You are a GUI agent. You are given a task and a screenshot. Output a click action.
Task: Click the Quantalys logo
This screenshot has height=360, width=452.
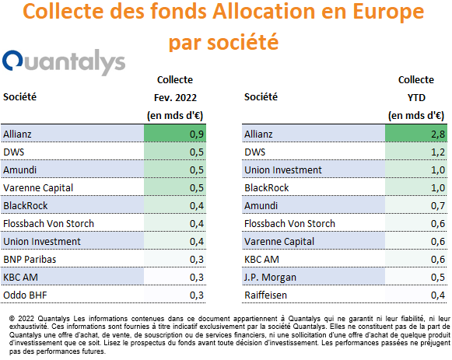coord(64,61)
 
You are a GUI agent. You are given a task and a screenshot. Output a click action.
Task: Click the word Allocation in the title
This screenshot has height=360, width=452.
coord(264,12)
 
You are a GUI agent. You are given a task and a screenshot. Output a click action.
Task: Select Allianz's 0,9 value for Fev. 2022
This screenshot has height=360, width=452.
coord(197,135)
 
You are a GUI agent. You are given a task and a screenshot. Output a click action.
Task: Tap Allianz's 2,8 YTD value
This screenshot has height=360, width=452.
coord(438,135)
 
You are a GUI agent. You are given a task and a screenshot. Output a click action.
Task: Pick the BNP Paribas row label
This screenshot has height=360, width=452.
coord(30,260)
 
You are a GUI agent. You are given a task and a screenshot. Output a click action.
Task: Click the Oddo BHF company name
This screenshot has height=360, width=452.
coord(25,295)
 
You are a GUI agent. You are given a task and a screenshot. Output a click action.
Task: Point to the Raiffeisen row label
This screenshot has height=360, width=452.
coord(266,295)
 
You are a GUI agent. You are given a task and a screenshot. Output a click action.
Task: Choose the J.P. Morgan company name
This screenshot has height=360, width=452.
coord(271,278)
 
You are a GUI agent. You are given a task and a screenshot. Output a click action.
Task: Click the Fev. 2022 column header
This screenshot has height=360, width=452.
coord(175,98)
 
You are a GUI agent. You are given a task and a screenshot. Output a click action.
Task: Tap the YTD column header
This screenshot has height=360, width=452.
coord(416,98)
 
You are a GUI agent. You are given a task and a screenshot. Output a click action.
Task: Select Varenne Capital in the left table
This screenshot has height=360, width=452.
coord(38,188)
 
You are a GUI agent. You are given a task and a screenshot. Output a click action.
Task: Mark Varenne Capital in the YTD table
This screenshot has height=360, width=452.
coord(279,242)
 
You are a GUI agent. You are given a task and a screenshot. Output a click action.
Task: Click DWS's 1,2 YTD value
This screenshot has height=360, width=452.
coord(438,152)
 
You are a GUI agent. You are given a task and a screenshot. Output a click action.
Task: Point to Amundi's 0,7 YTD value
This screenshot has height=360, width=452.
coord(438,205)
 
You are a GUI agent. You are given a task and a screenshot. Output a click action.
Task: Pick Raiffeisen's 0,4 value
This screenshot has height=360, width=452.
coord(438,295)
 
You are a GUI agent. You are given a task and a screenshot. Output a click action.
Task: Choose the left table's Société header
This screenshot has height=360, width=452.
coord(20,96)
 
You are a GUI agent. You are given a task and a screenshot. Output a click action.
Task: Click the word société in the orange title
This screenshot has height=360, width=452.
coord(243,42)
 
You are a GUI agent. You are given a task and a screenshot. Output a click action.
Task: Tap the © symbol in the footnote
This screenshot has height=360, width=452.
coord(12,319)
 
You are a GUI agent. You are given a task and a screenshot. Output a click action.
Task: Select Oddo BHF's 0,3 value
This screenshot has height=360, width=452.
coord(197,295)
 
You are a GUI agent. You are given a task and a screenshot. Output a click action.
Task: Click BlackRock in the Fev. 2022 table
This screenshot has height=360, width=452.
coord(26,206)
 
